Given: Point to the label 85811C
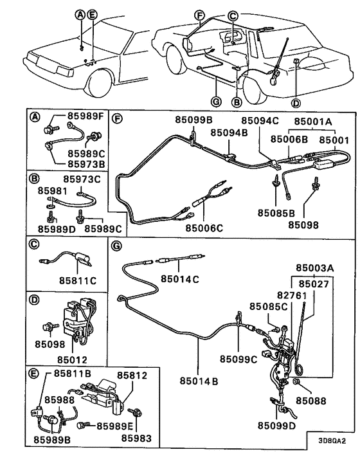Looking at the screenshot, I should click(76, 280).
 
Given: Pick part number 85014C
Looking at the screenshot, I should click(181, 279).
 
